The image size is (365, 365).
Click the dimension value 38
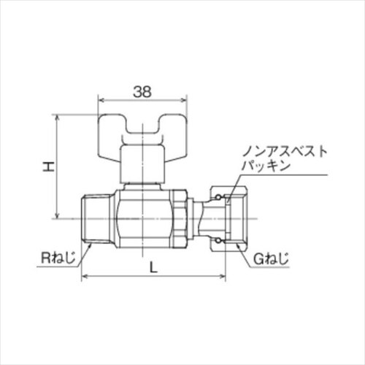143,93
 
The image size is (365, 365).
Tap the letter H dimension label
47,167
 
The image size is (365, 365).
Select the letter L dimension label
153,267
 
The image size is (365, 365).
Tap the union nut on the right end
226,217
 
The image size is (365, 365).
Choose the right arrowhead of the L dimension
223,277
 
